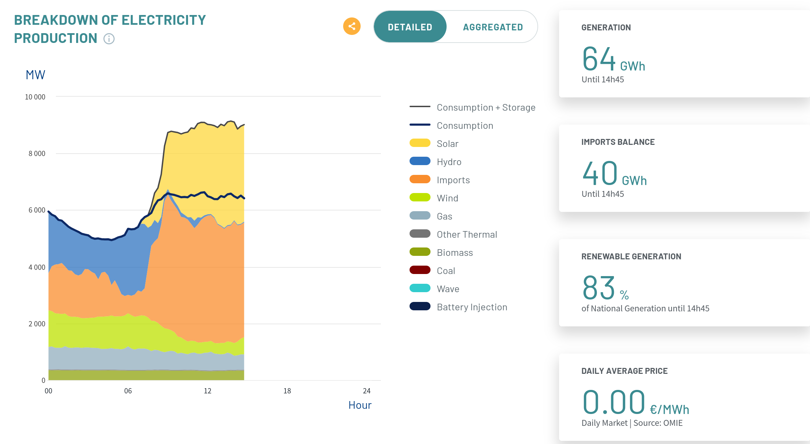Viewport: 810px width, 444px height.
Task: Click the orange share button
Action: click(x=352, y=26)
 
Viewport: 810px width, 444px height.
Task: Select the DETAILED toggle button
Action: click(x=410, y=27)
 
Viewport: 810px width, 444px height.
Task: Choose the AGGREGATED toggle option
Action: click(x=493, y=27)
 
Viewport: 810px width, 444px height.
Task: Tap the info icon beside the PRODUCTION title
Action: click(x=109, y=39)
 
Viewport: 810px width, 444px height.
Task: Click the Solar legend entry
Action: click(x=434, y=143)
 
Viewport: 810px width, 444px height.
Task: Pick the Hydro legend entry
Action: click(x=435, y=162)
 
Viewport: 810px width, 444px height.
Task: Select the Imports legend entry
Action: click(x=440, y=180)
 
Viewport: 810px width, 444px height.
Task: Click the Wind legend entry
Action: click(x=434, y=198)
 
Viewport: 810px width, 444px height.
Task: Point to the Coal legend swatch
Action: click(x=420, y=270)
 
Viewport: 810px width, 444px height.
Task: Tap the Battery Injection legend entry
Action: click(x=458, y=307)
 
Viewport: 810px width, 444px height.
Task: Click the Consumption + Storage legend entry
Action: click(x=472, y=107)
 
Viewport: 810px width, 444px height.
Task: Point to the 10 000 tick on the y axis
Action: click(x=35, y=97)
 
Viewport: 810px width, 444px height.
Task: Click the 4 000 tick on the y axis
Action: click(x=37, y=267)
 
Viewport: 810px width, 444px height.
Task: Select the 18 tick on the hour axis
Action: click(x=287, y=391)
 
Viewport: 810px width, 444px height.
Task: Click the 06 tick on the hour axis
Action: click(x=128, y=391)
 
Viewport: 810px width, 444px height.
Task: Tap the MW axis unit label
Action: click(x=35, y=75)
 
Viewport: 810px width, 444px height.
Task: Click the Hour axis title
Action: click(x=360, y=405)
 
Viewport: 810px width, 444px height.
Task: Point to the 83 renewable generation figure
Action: click(x=598, y=288)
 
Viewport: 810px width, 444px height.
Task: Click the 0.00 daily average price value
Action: click(x=614, y=402)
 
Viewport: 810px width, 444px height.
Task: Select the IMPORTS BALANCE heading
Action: click(x=618, y=142)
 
